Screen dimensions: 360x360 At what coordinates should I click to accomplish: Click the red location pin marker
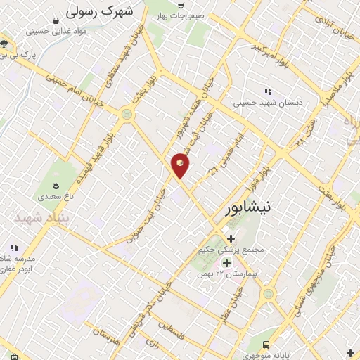(x=181, y=165)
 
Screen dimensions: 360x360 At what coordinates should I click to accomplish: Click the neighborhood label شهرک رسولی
(x=98, y=12)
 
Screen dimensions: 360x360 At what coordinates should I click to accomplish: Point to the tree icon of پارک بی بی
(x=4, y=44)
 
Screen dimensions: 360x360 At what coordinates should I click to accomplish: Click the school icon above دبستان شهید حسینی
(x=267, y=91)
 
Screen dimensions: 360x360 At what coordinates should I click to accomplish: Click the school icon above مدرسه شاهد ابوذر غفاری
(x=13, y=247)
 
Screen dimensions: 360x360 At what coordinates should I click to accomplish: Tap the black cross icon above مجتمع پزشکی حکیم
(x=231, y=238)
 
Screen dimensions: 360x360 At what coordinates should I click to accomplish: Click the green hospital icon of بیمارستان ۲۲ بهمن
(x=226, y=262)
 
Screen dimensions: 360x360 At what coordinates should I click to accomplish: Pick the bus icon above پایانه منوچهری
(x=266, y=345)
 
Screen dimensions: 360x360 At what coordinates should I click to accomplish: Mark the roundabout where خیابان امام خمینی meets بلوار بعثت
(x=127, y=112)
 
